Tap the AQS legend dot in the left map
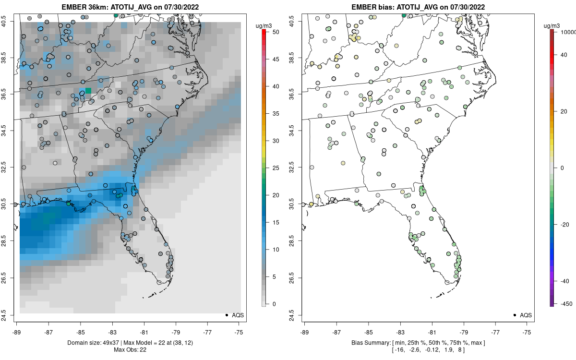[226, 315]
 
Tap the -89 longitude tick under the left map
[17, 331]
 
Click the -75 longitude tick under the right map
[527, 331]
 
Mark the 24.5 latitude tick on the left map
[10, 315]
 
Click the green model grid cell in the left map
[88, 90]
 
